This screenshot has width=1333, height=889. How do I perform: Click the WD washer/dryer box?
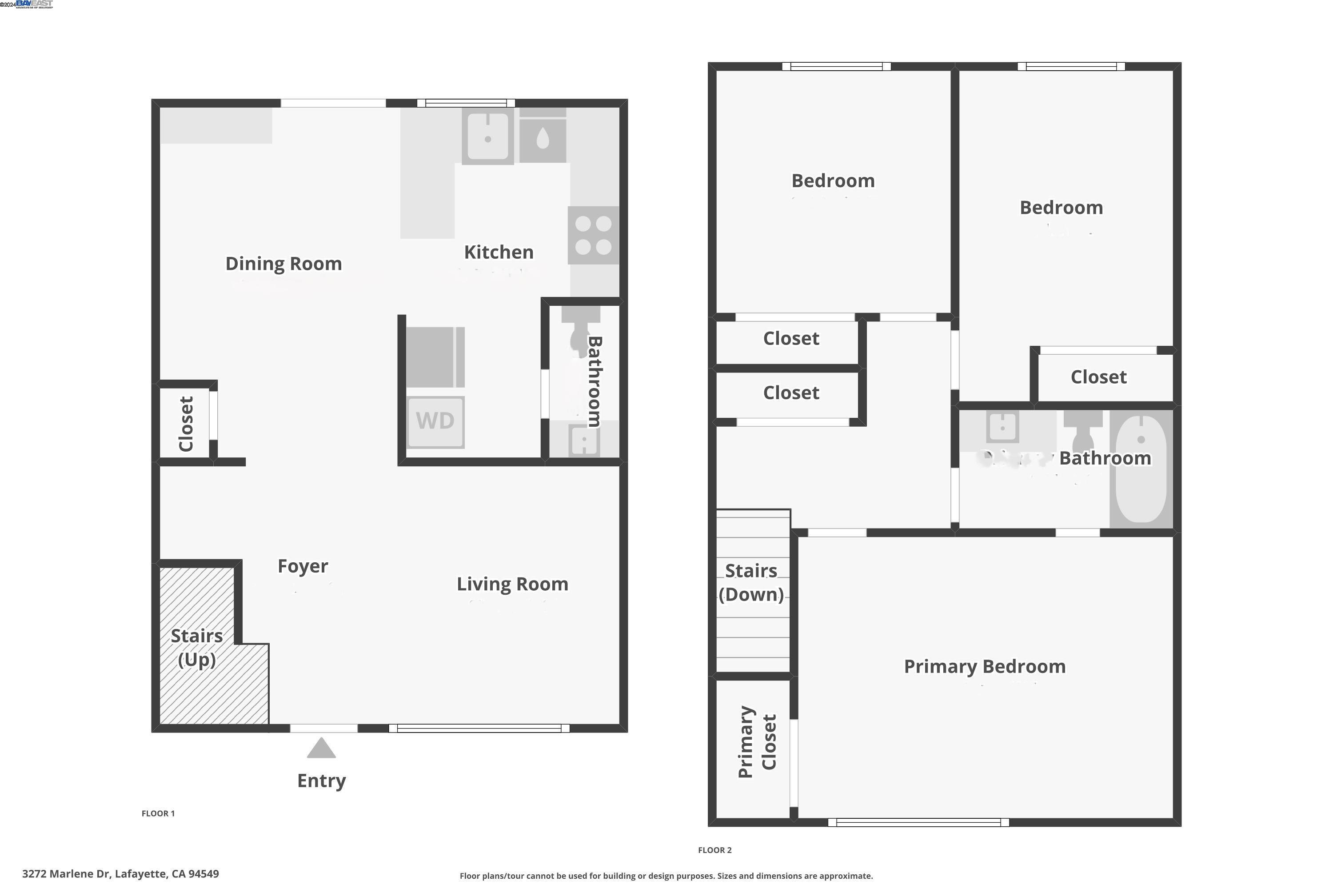(435, 422)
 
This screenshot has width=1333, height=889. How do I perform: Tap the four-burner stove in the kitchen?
(593, 235)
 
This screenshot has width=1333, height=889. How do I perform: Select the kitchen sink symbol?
(487, 136)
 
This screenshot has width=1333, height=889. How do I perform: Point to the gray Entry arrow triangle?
(321, 749)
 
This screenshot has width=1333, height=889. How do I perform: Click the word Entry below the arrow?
(321, 781)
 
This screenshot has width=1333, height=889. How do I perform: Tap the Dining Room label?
(283, 264)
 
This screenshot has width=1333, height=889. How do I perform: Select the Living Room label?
(512, 584)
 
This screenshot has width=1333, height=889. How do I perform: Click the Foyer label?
(303, 566)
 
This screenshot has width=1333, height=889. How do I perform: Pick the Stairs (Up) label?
(197, 648)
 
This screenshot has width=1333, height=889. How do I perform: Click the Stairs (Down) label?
(751, 582)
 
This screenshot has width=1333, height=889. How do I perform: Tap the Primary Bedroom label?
(985, 666)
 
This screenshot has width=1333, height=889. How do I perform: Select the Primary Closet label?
(757, 741)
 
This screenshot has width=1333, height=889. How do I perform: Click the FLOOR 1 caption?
(158, 813)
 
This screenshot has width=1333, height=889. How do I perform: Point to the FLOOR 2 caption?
(714, 850)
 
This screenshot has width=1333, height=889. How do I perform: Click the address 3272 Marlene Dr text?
(120, 874)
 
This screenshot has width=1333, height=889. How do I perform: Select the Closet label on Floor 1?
(186, 424)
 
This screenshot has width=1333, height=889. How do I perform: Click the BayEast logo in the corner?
(34, 4)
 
